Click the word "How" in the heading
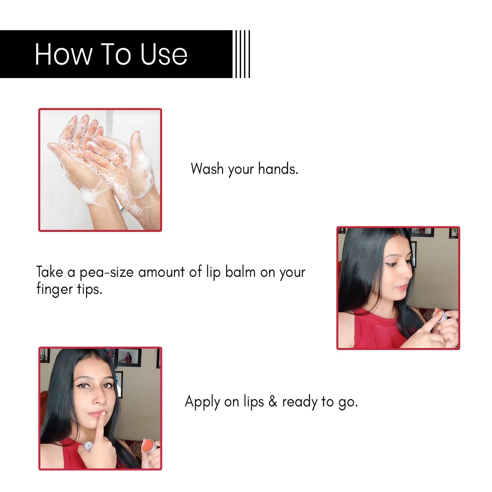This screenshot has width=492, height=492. pos(63,54)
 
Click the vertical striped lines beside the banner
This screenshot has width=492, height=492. pos(242,54)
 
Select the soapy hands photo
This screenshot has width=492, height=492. pos(100,170)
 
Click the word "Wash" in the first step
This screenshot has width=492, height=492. pos(207,169)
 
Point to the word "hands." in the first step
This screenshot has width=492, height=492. pos(278,169)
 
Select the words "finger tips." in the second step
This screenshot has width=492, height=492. pos(69,289)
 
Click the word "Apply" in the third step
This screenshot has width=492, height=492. pos(202,402)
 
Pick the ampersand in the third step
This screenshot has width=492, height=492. pos(273,402)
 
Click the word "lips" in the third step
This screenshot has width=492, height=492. pos(254,402)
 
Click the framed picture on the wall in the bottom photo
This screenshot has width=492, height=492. pos(129,358)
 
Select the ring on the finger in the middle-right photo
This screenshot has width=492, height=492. pos(455,330)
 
